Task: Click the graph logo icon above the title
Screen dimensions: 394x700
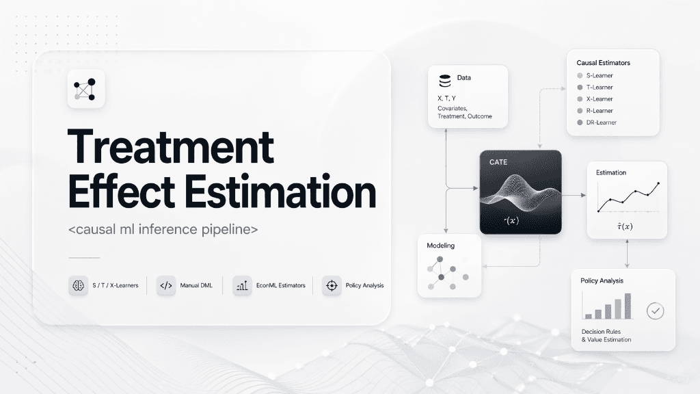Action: point(85,89)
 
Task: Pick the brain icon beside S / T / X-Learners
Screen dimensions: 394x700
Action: point(79,285)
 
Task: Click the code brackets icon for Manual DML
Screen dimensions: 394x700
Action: point(165,285)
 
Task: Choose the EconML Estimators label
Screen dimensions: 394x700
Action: point(282,285)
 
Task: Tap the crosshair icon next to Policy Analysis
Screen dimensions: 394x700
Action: point(332,285)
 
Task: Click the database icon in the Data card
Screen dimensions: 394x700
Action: point(445,81)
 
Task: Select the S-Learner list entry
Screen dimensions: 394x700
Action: point(600,75)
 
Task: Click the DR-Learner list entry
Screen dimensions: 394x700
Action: point(601,122)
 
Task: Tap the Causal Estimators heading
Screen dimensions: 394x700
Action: point(603,63)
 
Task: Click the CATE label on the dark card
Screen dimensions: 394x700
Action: point(498,162)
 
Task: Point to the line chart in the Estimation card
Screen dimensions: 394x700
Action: point(628,197)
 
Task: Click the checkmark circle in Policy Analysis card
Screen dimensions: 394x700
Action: point(656,311)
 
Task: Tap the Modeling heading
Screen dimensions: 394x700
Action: point(440,245)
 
